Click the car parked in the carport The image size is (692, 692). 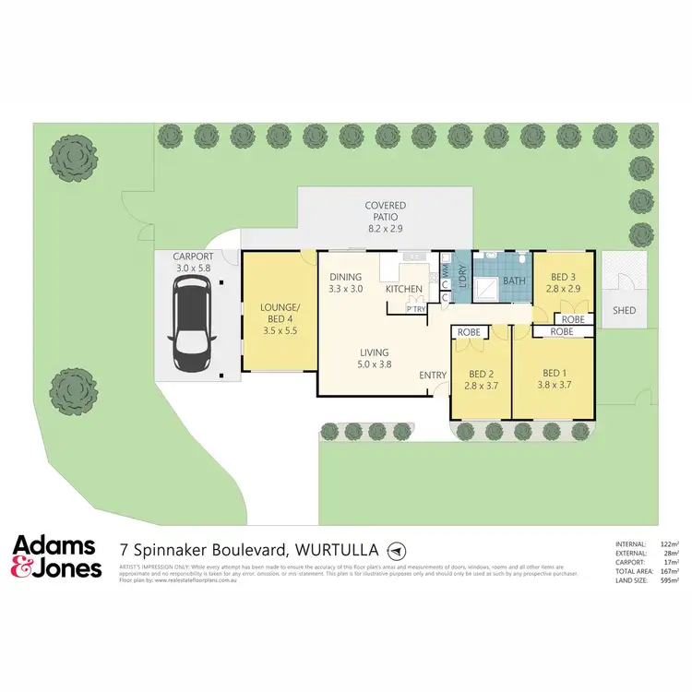192,328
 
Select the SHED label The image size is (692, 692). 624,312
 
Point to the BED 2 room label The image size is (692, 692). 481,376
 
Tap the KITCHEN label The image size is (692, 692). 403,290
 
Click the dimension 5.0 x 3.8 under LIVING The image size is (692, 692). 375,364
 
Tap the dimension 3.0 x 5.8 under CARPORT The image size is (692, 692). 192,268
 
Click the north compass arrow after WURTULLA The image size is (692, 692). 396,549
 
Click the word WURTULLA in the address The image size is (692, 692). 335,549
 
